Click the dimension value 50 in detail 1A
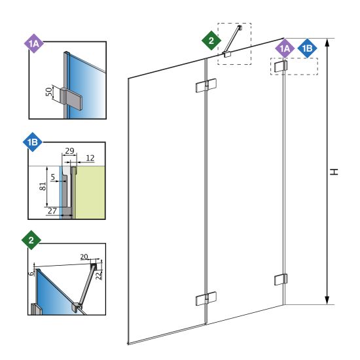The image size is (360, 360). point(48,92)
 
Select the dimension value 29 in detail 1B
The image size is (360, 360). point(69,151)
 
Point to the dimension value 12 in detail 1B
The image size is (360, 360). point(90,158)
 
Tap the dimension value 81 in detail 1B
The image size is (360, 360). point(43,186)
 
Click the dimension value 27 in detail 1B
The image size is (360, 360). point(52,211)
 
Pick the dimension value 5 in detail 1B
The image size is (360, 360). point(53,177)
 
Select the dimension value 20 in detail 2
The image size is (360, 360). point(84,257)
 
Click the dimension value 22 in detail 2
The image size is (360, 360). point(99,275)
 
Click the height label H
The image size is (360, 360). point(334,171)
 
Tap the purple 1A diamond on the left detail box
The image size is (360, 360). point(34,43)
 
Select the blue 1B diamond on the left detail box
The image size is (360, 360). point(33,142)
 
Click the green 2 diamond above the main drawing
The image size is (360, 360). point(211,41)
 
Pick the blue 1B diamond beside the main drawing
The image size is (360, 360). point(307,48)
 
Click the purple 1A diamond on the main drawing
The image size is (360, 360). point(285,48)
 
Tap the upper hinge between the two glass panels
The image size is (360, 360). point(206,86)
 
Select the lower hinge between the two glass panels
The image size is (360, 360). point(206,298)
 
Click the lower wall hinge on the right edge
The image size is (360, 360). point(281,279)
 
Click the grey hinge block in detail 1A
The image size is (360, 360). point(71,99)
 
